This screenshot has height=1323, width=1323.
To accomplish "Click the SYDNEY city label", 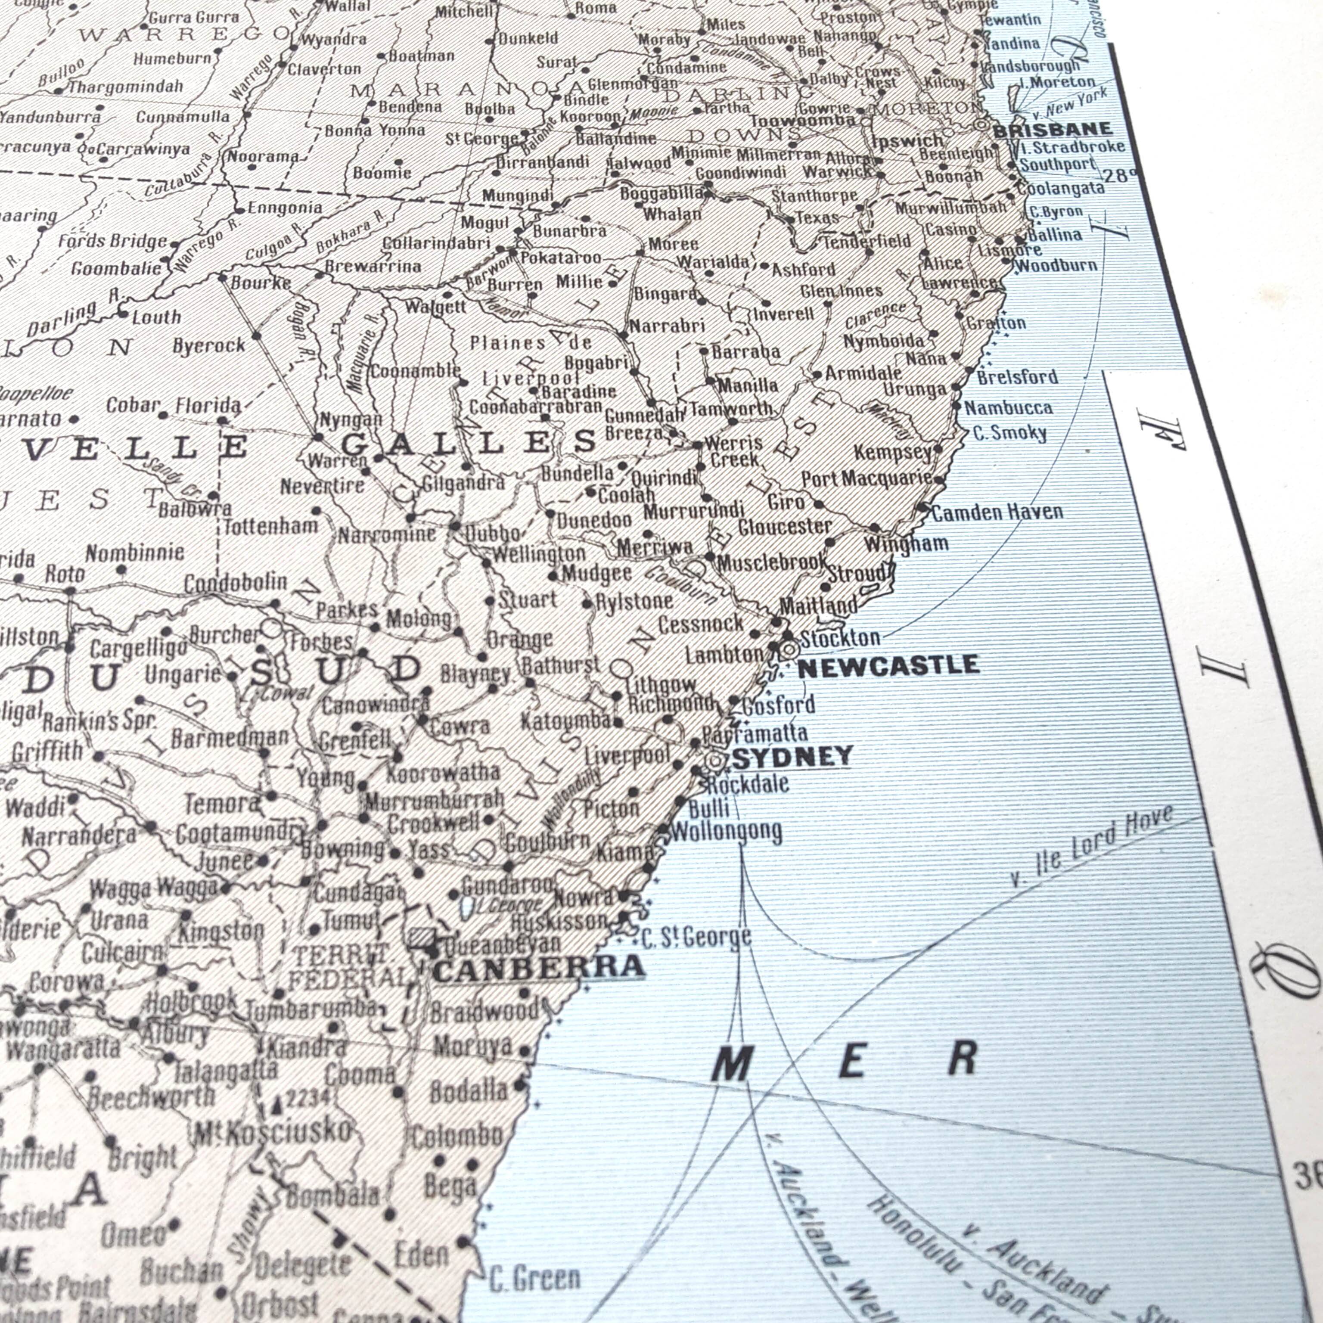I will tap(792, 757).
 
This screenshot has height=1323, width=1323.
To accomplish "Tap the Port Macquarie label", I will tap(867, 478).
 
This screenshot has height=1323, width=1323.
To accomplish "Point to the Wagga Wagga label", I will tap(153, 889).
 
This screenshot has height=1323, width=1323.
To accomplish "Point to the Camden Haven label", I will tap(997, 512).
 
